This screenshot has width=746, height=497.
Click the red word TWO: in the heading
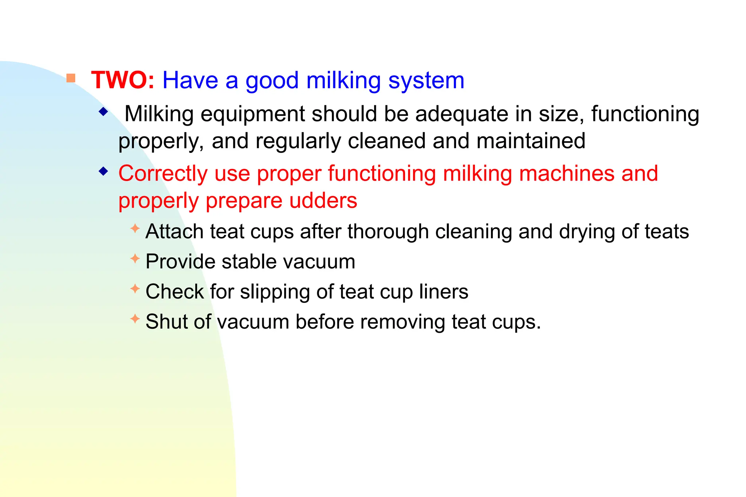[123, 80]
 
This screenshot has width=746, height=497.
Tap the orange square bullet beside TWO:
[71, 78]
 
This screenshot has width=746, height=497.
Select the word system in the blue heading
[426, 81]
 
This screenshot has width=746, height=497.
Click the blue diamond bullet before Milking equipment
[104, 112]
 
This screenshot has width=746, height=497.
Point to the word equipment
[252, 115]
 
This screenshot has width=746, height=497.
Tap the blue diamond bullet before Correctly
[104, 171]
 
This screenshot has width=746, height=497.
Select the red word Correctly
[163, 174]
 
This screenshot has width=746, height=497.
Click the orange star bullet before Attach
[135, 229]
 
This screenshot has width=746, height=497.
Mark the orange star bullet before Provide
[135, 259]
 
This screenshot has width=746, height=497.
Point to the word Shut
[166, 322]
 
